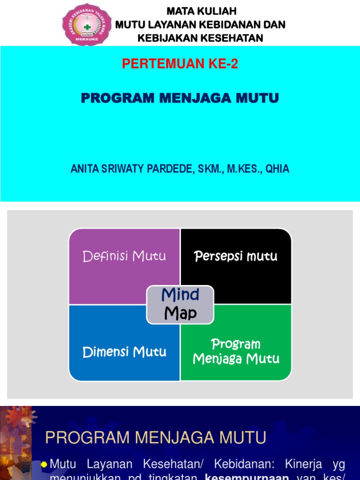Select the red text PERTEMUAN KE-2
point(180,64)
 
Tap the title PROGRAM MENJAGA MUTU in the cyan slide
point(180,98)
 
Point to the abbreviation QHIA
point(277,169)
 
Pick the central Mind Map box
point(180,305)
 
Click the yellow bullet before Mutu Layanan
point(44,465)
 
